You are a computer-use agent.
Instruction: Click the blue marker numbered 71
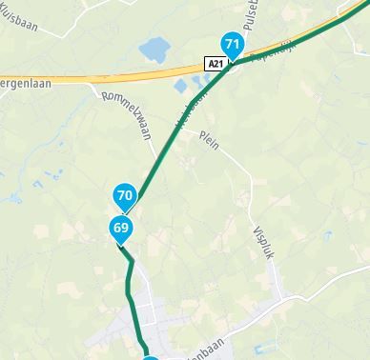(232, 45)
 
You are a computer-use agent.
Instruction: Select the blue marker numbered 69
(120, 229)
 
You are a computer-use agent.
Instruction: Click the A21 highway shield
(216, 63)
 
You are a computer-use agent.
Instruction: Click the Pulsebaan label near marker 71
(252, 21)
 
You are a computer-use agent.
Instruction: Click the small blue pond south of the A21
(182, 87)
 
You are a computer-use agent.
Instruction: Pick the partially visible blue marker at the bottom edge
(151, 358)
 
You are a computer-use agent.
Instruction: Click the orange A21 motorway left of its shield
(114, 75)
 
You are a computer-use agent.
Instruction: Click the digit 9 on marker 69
(124, 229)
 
